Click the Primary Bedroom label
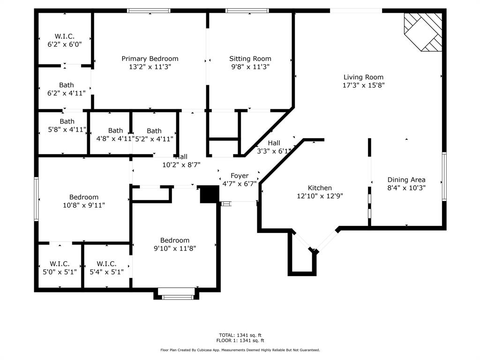click(x=150, y=59)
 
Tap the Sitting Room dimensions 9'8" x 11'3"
click(x=250, y=67)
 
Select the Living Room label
click(x=363, y=77)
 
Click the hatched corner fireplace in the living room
click(x=423, y=32)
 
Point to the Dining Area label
click(x=406, y=180)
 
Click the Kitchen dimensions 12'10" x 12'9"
click(x=320, y=196)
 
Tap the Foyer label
click(x=240, y=176)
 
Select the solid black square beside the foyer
click(x=210, y=194)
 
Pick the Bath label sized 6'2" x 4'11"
click(x=67, y=85)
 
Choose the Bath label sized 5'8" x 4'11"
click(x=67, y=121)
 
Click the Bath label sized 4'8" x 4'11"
click(x=115, y=131)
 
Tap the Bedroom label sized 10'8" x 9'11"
click(x=84, y=197)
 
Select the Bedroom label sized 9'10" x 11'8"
click(x=175, y=240)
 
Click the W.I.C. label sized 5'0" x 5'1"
click(x=60, y=264)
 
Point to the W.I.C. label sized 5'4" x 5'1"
click(x=106, y=264)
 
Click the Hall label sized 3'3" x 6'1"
click(x=274, y=143)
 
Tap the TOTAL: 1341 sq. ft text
click(x=240, y=335)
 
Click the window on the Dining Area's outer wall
click(x=444, y=176)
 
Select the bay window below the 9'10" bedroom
click(x=177, y=293)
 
